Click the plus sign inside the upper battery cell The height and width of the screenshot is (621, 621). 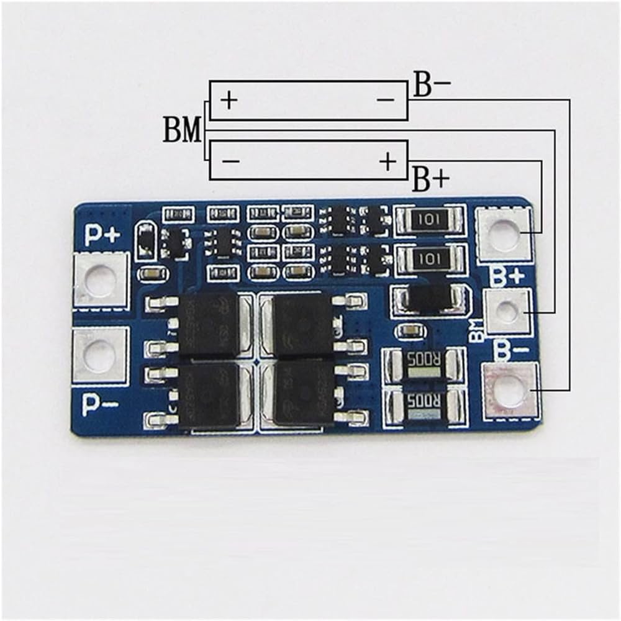[x=229, y=100]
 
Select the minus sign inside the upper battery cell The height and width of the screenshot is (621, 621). [x=386, y=99]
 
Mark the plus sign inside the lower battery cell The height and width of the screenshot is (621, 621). [x=388, y=161]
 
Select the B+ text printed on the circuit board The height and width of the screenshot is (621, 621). [x=507, y=276]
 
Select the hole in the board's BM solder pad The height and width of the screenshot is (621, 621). [x=507, y=312]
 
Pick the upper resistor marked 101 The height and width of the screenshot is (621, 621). [x=429, y=219]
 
